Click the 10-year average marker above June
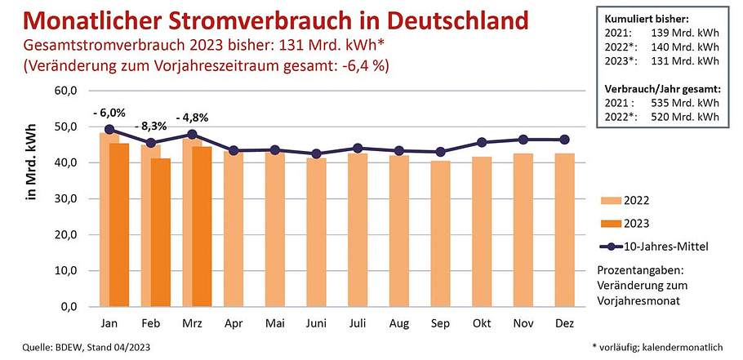click(318, 153)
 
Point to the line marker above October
click(483, 143)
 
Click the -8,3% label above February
click(152, 127)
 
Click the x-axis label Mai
click(275, 323)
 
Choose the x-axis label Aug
click(399, 323)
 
